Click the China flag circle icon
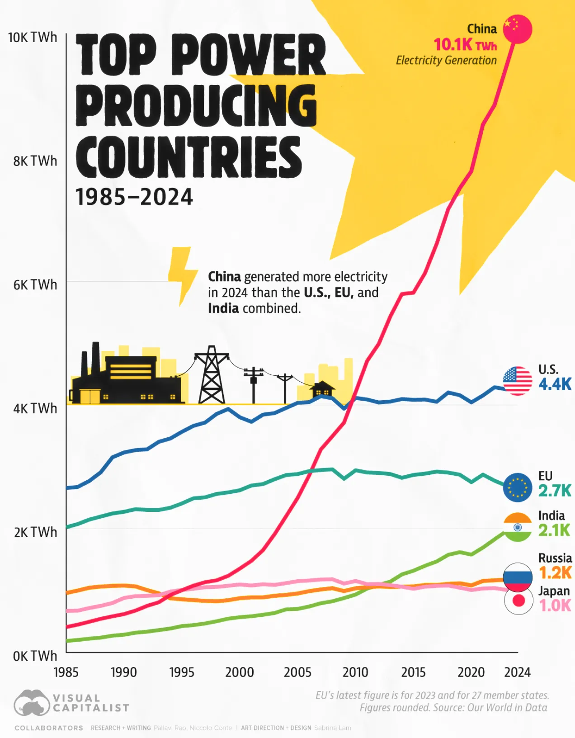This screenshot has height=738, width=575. coord(518,29)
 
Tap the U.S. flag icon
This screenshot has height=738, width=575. coord(518,380)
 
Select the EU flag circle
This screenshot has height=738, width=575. coord(518,487)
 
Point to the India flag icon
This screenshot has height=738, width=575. coord(518,527)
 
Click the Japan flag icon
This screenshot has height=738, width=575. coord(518,601)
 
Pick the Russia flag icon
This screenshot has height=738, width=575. coord(518,576)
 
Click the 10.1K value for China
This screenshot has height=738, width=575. coord(453,45)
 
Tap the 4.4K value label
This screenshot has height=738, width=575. coord(555,384)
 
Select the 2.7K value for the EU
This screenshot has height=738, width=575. coord(555,491)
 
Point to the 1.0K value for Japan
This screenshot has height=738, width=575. coord(555,606)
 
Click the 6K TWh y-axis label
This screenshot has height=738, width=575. coord(35,285)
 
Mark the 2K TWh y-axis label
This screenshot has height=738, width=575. coord(35,532)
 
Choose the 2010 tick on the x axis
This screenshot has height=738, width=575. coord(355,672)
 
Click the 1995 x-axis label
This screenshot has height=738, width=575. coord(182,672)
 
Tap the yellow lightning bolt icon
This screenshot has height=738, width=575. coord(182,275)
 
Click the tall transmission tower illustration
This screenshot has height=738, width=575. coord(211,375)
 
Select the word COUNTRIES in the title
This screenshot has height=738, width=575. coord(189,157)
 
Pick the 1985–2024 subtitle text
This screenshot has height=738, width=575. coord(134,197)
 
